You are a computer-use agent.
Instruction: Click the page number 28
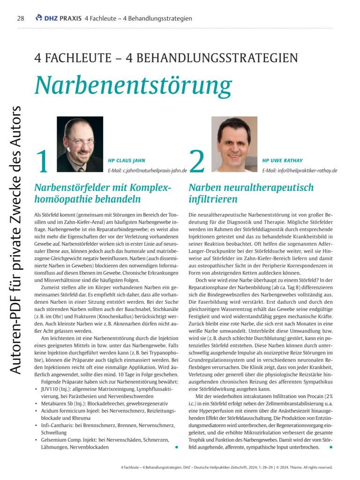click(20, 18)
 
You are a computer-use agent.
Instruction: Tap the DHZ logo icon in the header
click(39, 18)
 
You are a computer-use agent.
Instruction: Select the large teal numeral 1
click(43, 162)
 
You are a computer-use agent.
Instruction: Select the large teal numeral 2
click(198, 162)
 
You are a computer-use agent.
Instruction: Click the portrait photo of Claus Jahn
click(80, 144)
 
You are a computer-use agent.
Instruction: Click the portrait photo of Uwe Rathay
click(234, 144)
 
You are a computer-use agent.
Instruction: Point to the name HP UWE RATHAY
click(283, 160)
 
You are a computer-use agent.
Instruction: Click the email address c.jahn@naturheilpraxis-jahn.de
click(148, 171)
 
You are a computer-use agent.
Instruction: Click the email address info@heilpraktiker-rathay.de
click(300, 171)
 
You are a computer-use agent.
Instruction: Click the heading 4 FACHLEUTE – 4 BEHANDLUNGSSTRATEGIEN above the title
click(166, 59)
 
